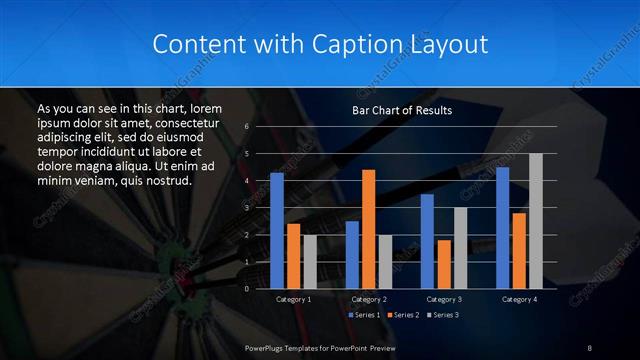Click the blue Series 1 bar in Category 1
click(x=277, y=230)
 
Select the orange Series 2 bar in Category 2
click(x=368, y=228)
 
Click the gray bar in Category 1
click(x=310, y=261)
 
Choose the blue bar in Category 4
click(x=503, y=227)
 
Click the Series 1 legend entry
click(x=363, y=315)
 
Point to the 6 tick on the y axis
click(x=246, y=127)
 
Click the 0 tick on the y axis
click(x=246, y=288)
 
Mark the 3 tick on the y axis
click(x=246, y=208)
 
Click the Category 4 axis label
click(x=519, y=299)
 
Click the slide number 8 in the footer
click(x=590, y=346)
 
